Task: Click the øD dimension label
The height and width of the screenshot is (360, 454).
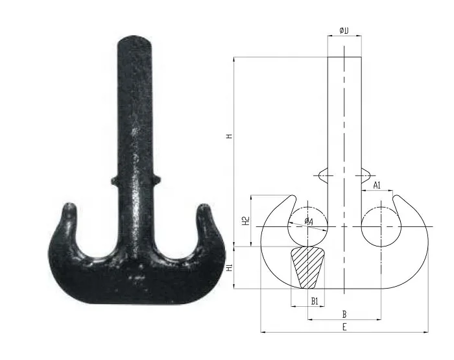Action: click(x=344, y=30)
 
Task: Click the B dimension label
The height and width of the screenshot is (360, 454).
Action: click(x=344, y=314)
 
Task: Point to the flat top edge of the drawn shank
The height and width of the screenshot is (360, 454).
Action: click(x=344, y=57)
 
